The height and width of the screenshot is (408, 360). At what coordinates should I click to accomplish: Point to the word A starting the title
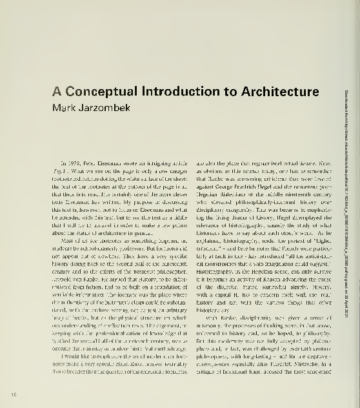[56, 91]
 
